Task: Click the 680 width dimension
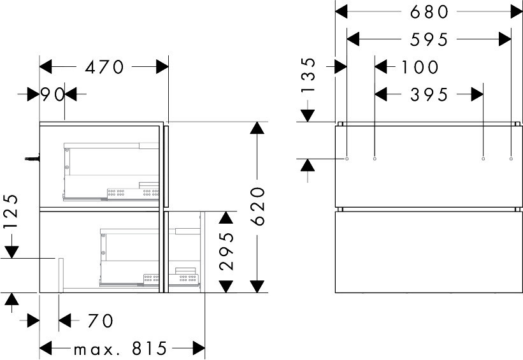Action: point(429,12)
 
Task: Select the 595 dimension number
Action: point(429,40)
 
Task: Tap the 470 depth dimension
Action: point(104,67)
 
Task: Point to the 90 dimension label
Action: point(52,94)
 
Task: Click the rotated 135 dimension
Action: point(308,75)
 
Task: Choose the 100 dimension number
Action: point(420,67)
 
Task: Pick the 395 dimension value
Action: point(429,95)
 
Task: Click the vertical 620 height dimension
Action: point(258,206)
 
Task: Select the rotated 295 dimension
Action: point(227,251)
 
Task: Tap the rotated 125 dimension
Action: point(10,211)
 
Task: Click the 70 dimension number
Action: point(101,321)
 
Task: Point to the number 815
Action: point(149,349)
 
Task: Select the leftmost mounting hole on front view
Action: point(347,159)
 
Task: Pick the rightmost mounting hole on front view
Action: point(511,159)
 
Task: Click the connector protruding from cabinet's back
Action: point(32,159)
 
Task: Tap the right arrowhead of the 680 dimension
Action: point(517,12)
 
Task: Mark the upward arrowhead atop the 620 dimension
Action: point(257,128)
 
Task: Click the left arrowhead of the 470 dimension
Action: point(46,67)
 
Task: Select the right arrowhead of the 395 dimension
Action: point(477,94)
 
